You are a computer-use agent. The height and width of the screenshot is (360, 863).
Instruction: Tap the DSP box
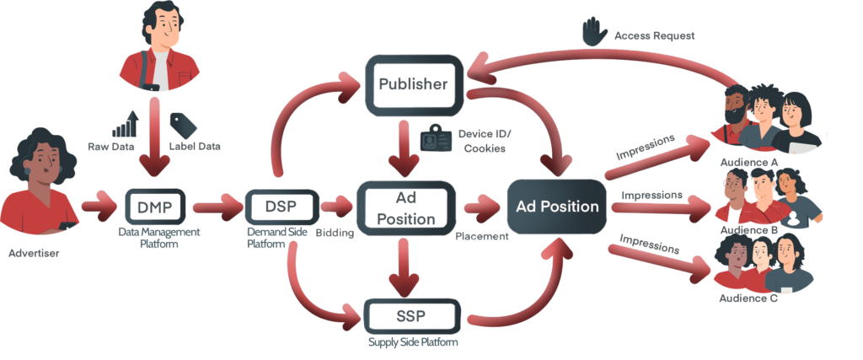click(x=281, y=206)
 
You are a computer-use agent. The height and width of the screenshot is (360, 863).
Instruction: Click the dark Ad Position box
click(x=557, y=207)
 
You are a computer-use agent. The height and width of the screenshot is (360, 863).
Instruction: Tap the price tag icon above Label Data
click(x=183, y=126)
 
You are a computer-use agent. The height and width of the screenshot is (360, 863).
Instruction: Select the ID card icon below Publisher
click(x=437, y=137)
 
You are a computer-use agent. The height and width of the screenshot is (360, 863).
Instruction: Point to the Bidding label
click(x=335, y=234)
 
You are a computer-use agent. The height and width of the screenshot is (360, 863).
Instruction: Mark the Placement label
click(x=480, y=237)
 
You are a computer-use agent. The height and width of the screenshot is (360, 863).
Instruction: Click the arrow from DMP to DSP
click(x=217, y=206)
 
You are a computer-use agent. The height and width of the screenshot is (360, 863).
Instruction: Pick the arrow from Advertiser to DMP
click(x=99, y=206)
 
